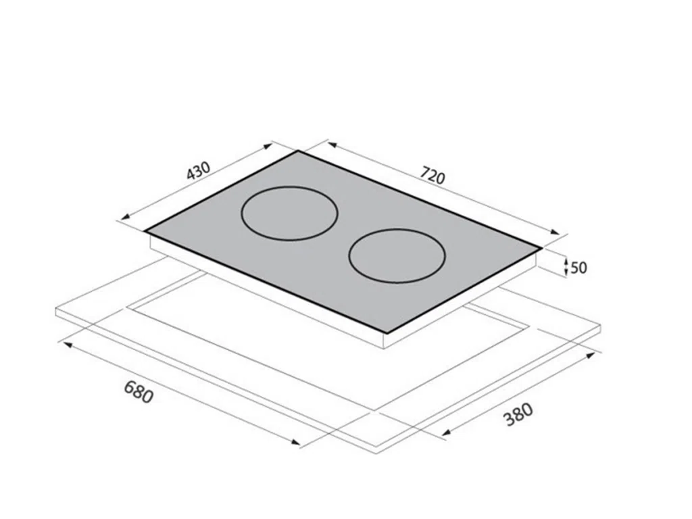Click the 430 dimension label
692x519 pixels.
click(199, 171)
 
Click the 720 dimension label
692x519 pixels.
click(432, 175)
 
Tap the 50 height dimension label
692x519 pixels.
click(578, 268)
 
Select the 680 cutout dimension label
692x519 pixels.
click(139, 391)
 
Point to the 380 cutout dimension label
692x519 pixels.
click(518, 414)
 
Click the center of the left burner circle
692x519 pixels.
click(289, 213)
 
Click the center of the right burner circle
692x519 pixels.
click(397, 255)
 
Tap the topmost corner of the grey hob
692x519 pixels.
click(298, 151)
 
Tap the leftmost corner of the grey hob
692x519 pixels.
click(145, 230)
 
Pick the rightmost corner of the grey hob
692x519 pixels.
click(541, 248)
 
